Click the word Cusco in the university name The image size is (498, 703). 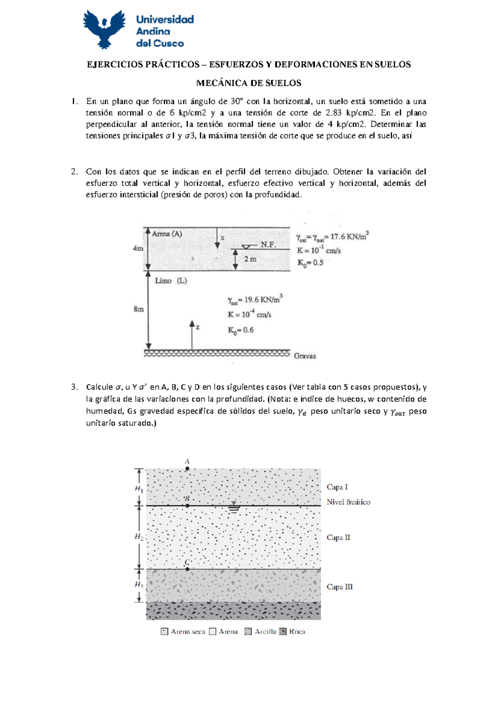coord(168,43)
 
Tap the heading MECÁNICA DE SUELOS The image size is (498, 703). coord(249,83)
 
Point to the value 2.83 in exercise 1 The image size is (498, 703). coord(334,113)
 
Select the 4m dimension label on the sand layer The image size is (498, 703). coord(138,248)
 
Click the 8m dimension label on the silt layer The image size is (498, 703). coord(139,309)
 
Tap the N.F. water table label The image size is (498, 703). coord(268,245)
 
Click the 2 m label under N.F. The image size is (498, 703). coord(250,259)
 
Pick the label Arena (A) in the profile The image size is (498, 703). coord(167,234)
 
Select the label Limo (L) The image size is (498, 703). coord(171,281)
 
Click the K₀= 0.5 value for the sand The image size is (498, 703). coord(310,263)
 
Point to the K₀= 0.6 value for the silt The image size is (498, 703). coord(240,330)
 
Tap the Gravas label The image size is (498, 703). coord(305,356)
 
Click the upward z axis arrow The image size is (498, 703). coord(192,334)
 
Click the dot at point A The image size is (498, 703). coord(187,468)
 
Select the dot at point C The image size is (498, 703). coord(187,569)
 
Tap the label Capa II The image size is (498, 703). coord(338,538)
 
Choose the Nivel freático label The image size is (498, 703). coord(348,502)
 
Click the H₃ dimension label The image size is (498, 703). coord(139,584)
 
